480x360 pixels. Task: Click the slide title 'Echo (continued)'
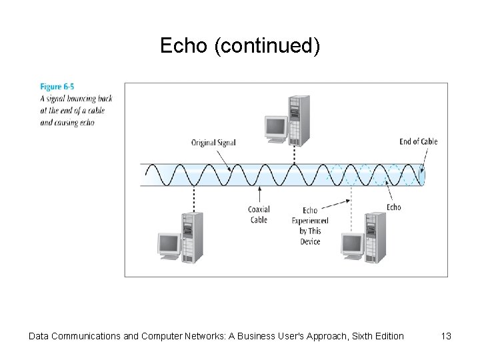(240, 46)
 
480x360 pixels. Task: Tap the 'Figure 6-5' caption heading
(57, 87)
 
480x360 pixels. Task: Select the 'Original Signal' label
(213, 142)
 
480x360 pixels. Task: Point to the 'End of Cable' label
(418, 141)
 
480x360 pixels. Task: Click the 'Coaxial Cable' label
(259, 215)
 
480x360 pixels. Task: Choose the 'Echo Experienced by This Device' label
(310, 225)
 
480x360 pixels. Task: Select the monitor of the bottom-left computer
(167, 245)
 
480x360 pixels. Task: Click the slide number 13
(446, 336)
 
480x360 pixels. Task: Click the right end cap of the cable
(422, 175)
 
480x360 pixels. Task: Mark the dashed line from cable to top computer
(293, 155)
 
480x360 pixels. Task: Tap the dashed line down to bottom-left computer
(193, 198)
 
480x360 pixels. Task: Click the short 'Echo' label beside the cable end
(394, 207)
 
